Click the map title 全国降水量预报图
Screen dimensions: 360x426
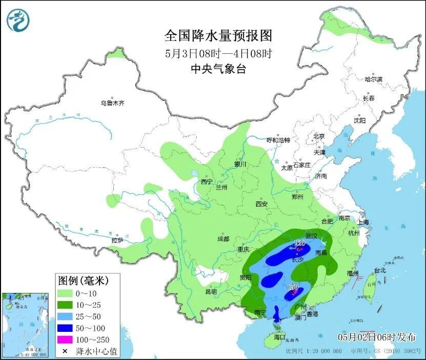(217, 36)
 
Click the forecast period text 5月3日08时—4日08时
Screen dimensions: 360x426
(217, 53)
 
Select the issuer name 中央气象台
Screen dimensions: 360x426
(217, 69)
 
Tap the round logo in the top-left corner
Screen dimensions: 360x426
(18, 20)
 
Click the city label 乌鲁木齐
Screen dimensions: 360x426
(112, 103)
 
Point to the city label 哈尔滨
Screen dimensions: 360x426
(373, 79)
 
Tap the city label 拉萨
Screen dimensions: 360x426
(117, 240)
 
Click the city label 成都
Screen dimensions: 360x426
(223, 239)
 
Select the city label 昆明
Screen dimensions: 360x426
(211, 291)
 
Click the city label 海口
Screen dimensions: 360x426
(279, 337)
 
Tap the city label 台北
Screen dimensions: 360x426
(379, 270)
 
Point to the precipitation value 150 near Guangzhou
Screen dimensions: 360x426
(293, 287)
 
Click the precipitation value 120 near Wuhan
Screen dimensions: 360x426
(300, 243)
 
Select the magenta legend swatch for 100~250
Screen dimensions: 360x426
(65, 340)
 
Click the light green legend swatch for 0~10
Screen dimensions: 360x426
(65, 293)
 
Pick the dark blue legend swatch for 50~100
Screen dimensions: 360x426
(65, 328)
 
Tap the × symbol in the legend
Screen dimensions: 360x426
(65, 351)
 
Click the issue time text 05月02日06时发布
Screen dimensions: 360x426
(377, 336)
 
